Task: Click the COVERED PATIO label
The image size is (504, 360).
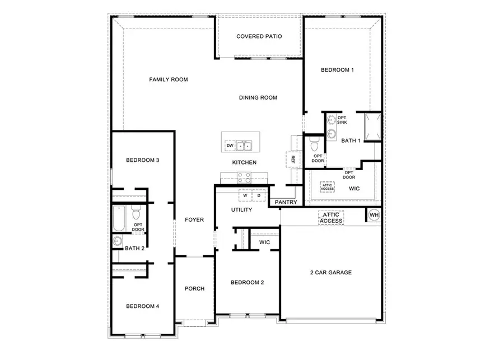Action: [x=259, y=36]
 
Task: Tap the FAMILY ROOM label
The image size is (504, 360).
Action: [x=168, y=80]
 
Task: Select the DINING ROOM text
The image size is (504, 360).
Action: [x=258, y=97]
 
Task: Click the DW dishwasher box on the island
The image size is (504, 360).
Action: [x=230, y=146]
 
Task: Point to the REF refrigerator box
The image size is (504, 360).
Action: [x=292, y=159]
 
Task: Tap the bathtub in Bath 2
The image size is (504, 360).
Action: [x=119, y=219]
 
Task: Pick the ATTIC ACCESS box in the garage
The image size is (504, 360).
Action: [x=331, y=218]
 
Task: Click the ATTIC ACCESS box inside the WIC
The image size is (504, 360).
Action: [x=327, y=188]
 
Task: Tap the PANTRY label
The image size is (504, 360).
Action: [x=286, y=203]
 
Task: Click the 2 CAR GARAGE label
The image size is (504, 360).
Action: [x=331, y=273]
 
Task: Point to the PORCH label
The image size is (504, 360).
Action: [x=194, y=289]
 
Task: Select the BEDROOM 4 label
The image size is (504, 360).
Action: [x=143, y=306]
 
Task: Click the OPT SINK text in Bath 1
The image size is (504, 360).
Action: [x=342, y=119]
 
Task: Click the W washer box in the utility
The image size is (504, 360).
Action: [x=245, y=195]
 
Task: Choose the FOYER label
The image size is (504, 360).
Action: [x=194, y=220]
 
